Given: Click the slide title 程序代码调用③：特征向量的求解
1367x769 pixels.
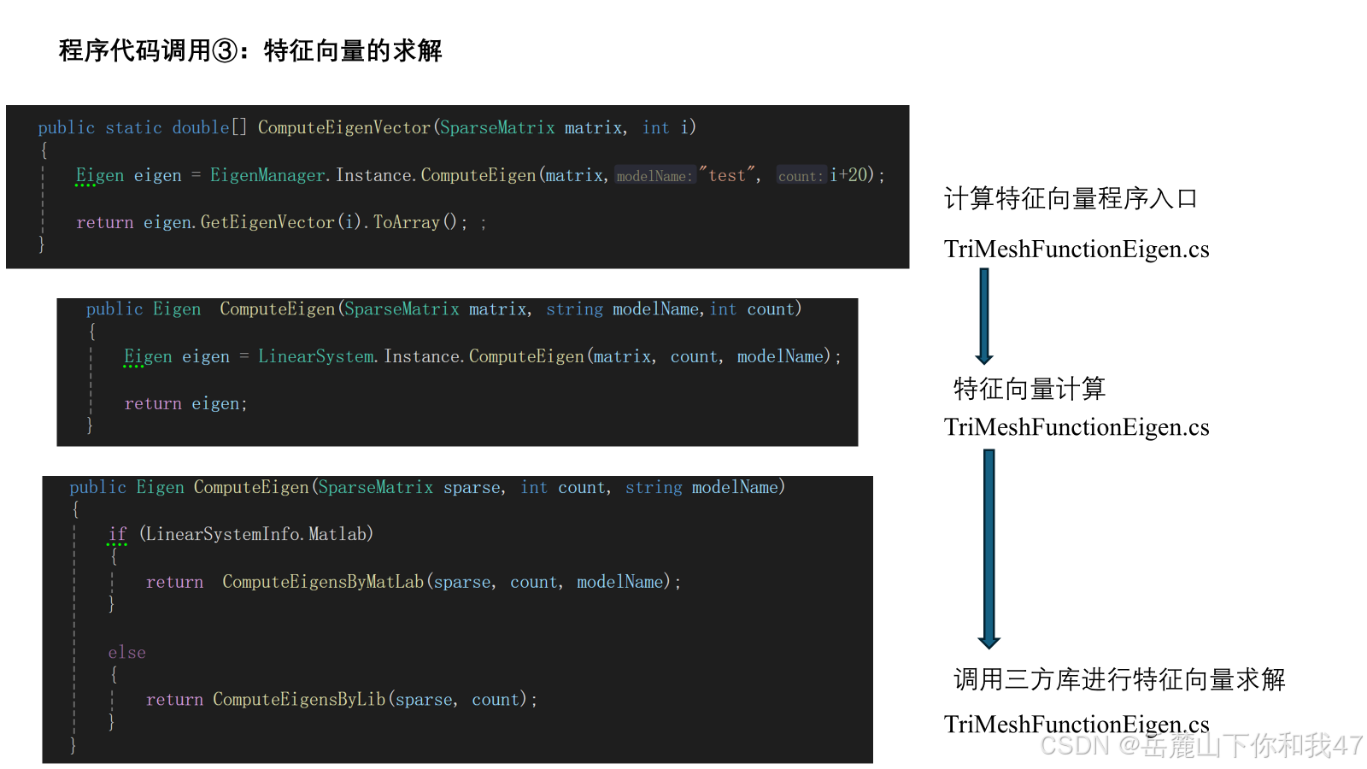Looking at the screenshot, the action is pos(250,51).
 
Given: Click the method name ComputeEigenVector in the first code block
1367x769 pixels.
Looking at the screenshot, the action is pos(344,128).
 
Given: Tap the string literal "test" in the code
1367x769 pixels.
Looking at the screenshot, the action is pos(727,175).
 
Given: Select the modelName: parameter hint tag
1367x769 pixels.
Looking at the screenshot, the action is pos(654,176).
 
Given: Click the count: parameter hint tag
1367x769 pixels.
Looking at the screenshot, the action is pos(801,176).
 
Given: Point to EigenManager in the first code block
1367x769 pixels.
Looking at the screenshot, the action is pos(268,175).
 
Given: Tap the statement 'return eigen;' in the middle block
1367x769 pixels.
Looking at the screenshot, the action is pos(185,403).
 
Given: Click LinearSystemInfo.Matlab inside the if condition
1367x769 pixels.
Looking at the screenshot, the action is pos(256,534).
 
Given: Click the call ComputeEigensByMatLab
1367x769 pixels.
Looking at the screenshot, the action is pos(323,582).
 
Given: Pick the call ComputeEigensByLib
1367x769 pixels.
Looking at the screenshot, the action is pos(299,700).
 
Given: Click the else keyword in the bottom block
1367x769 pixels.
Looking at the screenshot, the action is pos(126,653).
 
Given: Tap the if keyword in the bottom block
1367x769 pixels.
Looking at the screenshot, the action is pos(117,534).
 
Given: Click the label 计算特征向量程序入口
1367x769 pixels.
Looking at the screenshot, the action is pos(1070,199).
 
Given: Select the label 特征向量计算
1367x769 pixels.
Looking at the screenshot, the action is pos(1029,389).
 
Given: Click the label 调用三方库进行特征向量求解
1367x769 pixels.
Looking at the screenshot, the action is pos(1119,679).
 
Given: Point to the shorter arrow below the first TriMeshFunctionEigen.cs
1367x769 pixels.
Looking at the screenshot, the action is pos(984,316).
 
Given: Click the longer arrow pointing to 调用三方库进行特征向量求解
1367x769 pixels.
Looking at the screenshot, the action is pos(989,549).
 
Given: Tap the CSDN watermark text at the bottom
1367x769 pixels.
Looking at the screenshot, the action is pos(1200,746).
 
